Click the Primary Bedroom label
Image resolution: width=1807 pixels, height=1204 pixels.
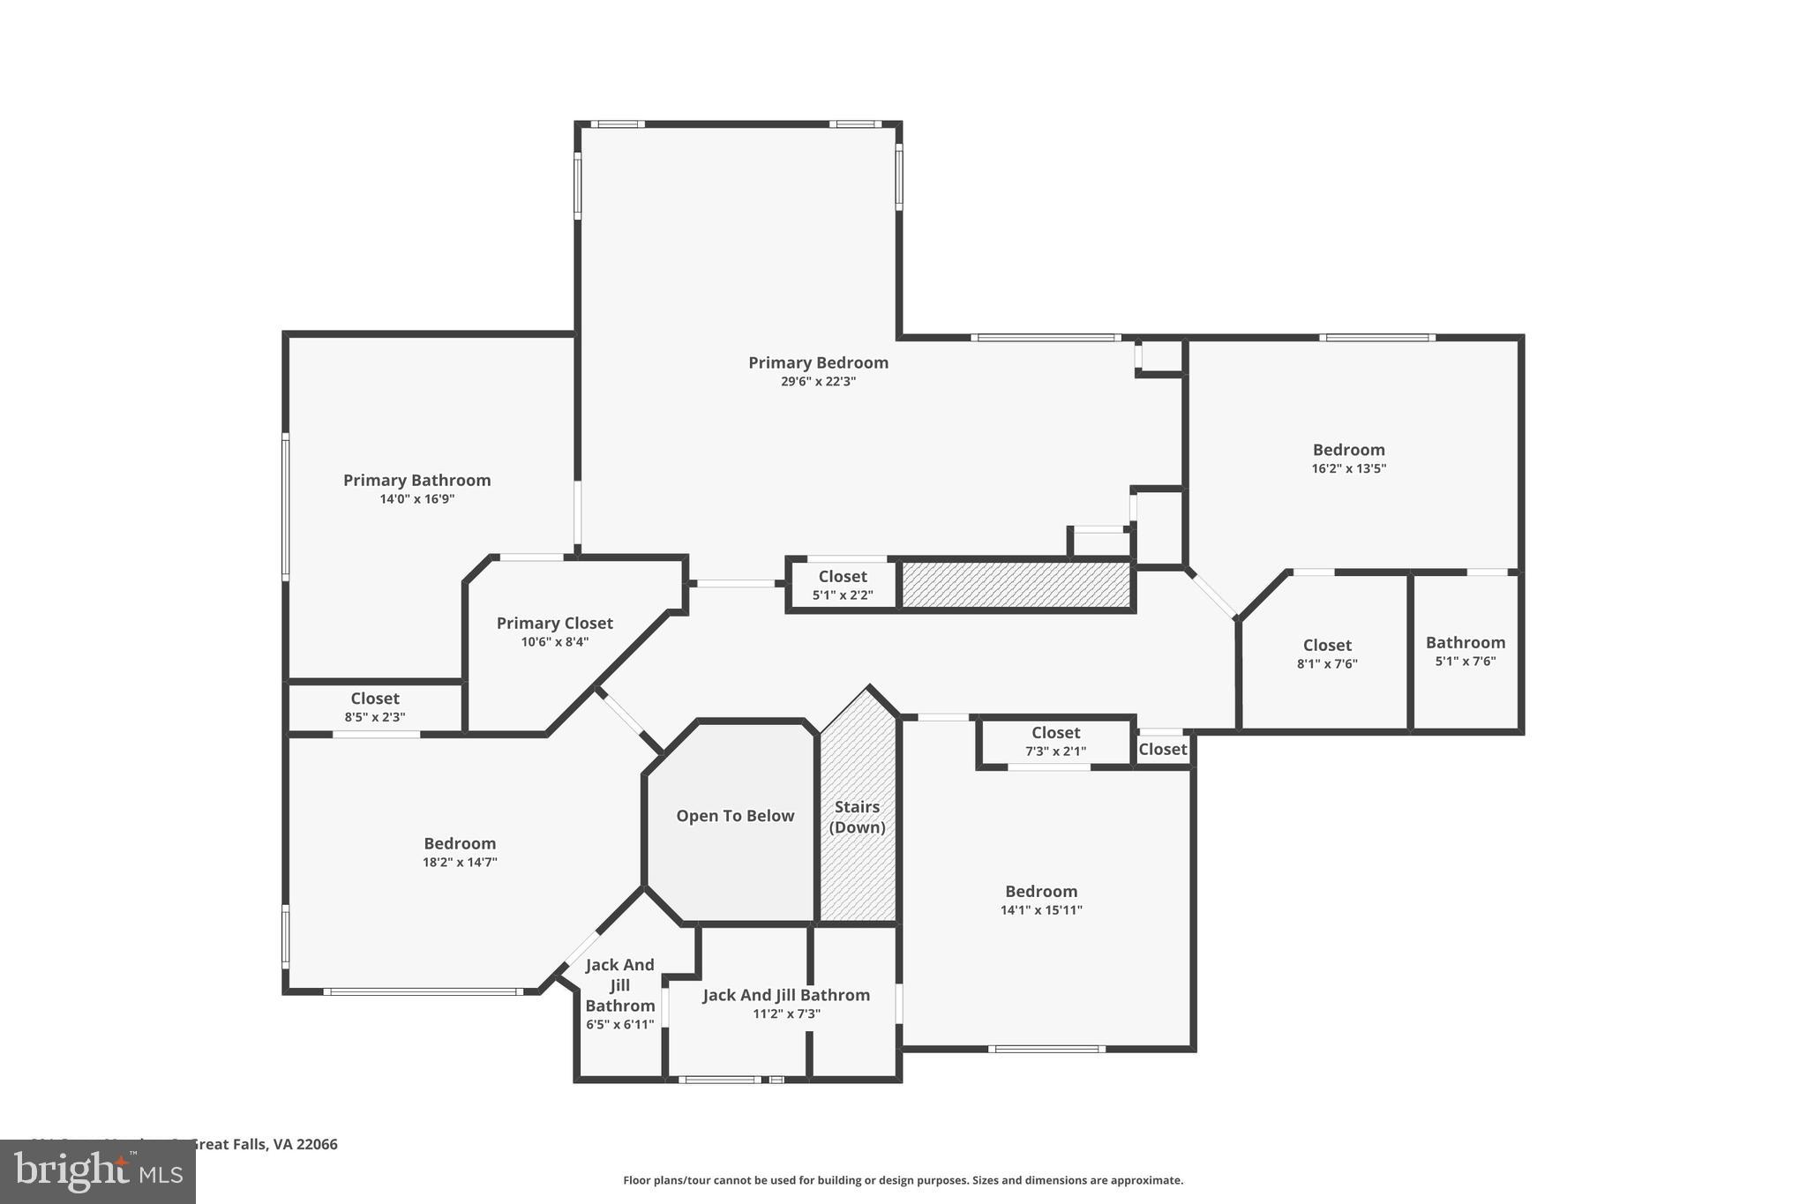818,363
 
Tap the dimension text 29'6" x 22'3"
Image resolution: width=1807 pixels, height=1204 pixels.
818,382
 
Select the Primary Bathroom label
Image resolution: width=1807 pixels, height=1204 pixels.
416,480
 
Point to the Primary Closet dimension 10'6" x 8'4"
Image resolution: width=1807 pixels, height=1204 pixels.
554,642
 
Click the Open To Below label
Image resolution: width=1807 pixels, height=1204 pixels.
735,816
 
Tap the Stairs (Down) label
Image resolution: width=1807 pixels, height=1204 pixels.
857,817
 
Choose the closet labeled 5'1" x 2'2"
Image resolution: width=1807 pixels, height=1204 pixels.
843,586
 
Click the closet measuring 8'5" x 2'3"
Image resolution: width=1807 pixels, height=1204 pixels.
375,707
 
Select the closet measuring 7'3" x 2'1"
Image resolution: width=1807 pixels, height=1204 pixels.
1055,742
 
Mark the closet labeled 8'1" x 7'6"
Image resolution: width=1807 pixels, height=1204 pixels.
1327,654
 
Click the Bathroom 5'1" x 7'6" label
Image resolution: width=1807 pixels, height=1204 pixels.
1465,651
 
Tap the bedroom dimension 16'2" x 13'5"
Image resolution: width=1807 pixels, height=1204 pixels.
1348,469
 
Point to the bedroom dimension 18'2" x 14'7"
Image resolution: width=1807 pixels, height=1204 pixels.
460,863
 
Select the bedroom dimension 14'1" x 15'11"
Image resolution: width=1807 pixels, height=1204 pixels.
1041,910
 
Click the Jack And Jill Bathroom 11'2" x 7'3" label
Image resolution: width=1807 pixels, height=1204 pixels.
785,1004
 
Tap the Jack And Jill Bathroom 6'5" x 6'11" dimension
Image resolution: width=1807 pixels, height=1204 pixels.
619,1025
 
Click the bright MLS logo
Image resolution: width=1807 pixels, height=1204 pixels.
97,1171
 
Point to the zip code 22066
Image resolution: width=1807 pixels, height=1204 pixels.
317,1144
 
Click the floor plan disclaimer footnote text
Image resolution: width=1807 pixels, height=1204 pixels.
903,1180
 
